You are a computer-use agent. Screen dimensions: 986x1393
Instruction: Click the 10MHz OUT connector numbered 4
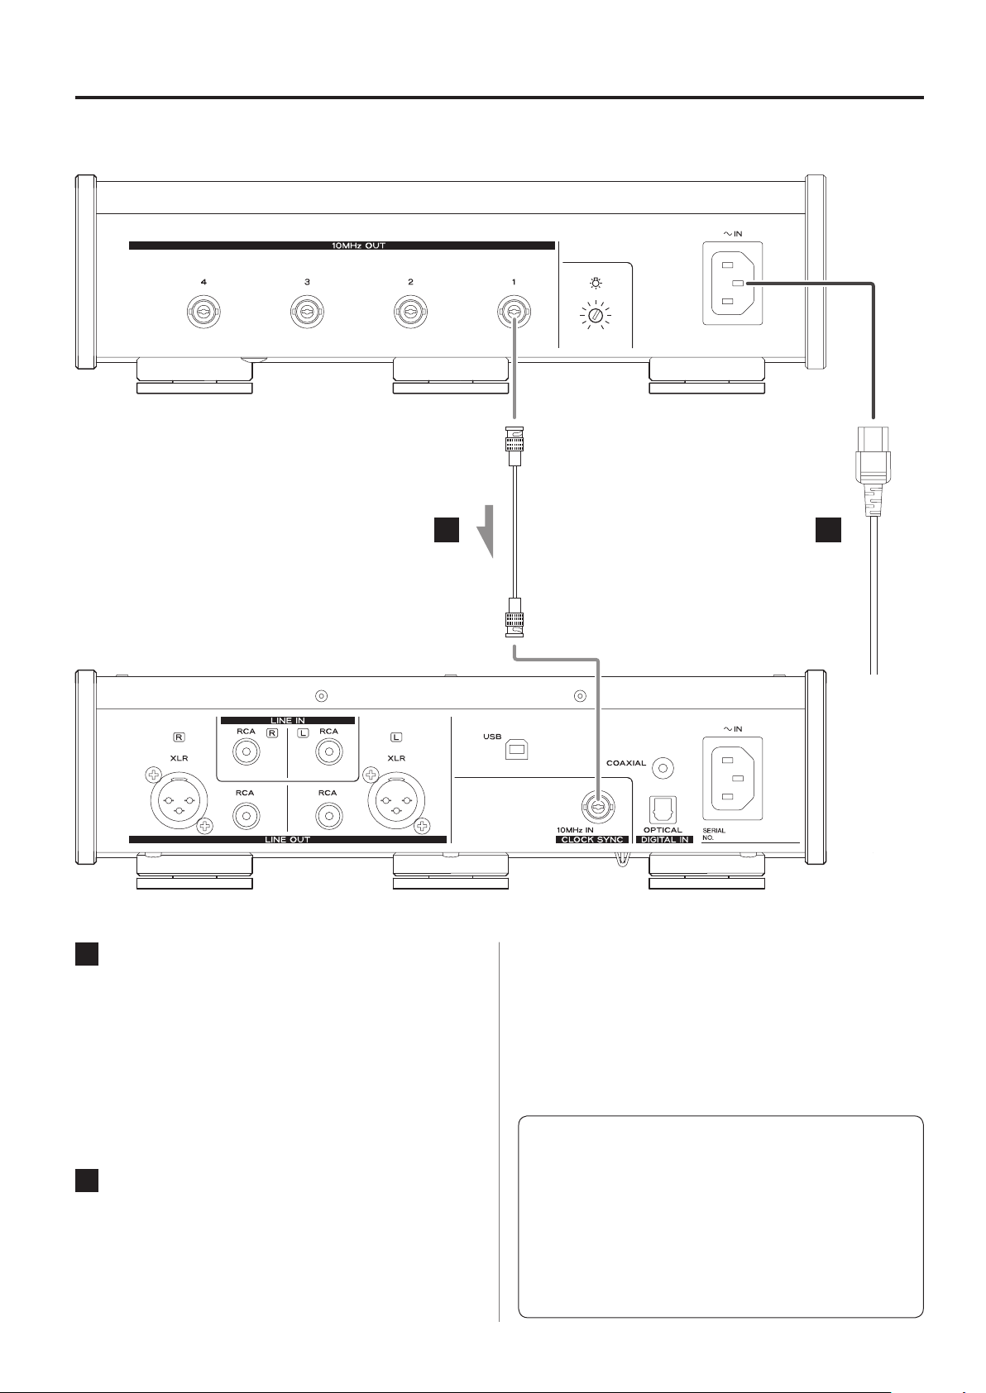coord(204,312)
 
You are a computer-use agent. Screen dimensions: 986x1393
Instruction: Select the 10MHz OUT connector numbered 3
coord(308,312)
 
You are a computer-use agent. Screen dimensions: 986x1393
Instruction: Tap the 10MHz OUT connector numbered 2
coord(410,312)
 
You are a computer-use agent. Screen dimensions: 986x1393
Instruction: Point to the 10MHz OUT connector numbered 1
coord(514,312)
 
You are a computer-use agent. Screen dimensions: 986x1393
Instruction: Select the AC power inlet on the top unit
coord(733,283)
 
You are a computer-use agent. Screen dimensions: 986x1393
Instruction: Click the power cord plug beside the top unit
coord(873,470)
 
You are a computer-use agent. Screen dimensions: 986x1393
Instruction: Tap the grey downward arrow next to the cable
coord(486,531)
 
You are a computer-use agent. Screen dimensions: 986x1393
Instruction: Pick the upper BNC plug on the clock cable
coord(515,446)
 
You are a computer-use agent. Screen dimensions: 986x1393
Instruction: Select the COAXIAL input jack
coord(663,769)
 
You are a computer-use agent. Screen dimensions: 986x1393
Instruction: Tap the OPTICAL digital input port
coord(663,809)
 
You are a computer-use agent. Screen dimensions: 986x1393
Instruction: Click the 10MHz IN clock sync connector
coord(597,807)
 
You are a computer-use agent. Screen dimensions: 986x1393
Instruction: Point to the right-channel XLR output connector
coord(179,800)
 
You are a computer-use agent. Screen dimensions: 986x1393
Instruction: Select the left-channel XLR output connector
coord(396,800)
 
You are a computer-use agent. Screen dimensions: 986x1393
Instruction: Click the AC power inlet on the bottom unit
coord(733,779)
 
